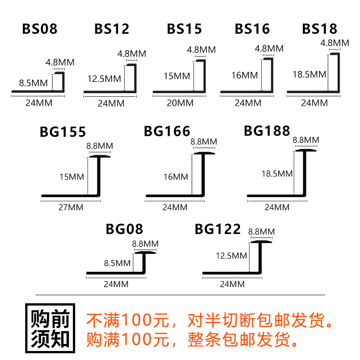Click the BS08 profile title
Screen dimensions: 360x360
[40, 30]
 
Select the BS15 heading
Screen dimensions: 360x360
[184, 29]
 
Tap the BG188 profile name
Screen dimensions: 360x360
[267, 131]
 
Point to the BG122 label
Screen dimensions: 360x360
[218, 229]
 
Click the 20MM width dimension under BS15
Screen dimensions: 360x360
[180, 103]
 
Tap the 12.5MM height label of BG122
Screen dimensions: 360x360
[231, 256]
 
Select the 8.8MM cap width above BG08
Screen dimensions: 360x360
[145, 243]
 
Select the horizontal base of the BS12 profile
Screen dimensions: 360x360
[108, 94]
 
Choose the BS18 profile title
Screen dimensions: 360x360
[319, 29]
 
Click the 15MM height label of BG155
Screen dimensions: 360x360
[72, 177]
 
